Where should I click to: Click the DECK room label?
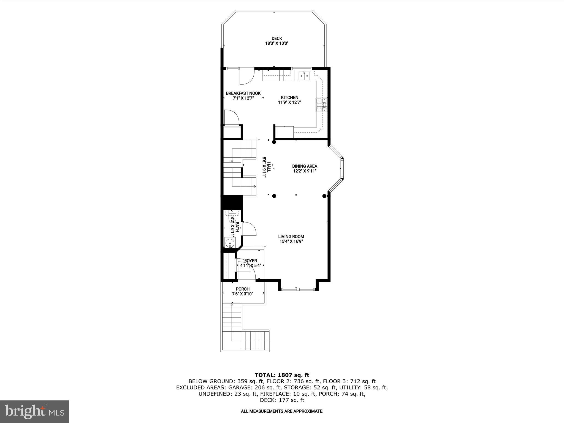pos(277,39)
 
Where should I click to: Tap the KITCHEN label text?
pos(289,97)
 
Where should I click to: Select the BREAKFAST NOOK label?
pos(243,93)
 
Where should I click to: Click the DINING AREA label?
pos(305,166)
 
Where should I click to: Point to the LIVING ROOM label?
pos(291,237)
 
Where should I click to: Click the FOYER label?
pos(251,261)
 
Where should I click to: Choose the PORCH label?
pos(243,289)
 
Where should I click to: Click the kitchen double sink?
pos(304,75)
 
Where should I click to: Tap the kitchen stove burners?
pos(321,105)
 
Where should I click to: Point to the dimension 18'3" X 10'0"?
pos(277,43)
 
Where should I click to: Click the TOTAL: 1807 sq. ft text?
pos(282,375)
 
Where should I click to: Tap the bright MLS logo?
pos(34,411)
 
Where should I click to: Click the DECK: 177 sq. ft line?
pos(282,400)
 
